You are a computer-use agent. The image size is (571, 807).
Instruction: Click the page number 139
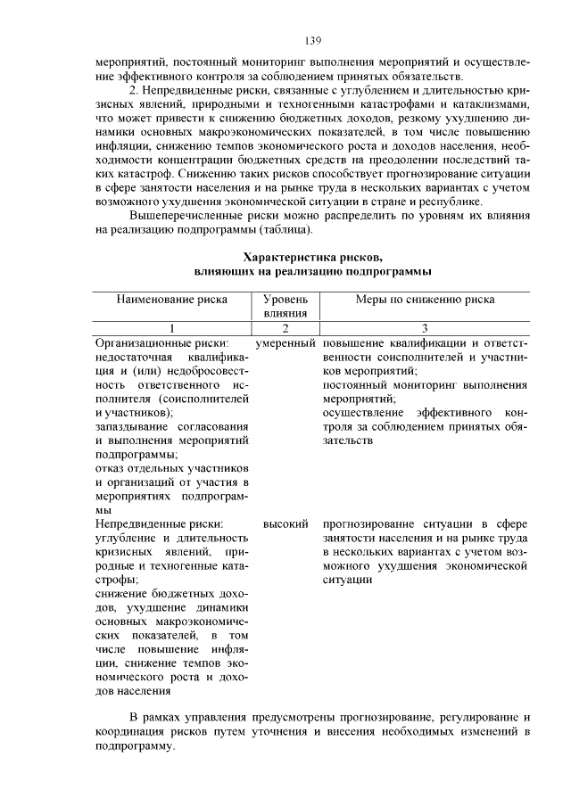tap(312, 41)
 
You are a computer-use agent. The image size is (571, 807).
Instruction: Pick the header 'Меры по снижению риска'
tap(426, 300)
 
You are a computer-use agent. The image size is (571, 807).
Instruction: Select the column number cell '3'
tap(426, 328)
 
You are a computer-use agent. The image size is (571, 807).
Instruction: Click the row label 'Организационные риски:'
tap(161, 342)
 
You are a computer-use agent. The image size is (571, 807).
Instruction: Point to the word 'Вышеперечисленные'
tap(186, 216)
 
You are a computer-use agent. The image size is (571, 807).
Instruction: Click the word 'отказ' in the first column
tap(110, 468)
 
